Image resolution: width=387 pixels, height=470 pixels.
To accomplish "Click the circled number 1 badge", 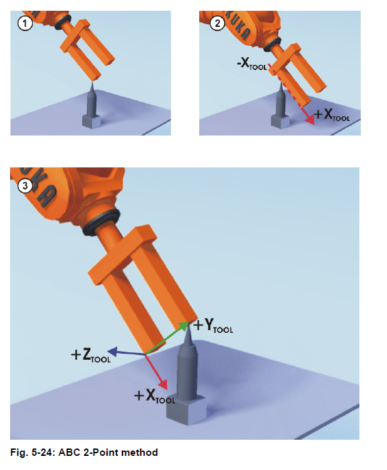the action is pos(25,24).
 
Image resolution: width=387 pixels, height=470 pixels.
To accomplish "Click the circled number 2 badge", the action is pos(217,23).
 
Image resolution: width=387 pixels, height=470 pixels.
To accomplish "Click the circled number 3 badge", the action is pos(25,186).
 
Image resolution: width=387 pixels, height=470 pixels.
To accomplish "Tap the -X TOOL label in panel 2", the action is pos(252,64).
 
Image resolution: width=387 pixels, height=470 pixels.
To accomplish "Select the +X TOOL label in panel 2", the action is pos(332,115).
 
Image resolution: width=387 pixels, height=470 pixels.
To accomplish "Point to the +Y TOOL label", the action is pos(213,325).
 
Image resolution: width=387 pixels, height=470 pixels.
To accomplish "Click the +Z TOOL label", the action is pos(91,355).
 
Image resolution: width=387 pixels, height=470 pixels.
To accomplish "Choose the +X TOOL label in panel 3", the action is pos(155,396).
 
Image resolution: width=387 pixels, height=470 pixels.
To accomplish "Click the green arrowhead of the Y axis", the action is pos(184,325).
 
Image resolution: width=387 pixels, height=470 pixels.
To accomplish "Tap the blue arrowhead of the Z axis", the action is pos(112,351).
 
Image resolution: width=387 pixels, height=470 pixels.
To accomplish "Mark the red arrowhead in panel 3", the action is pos(163,385).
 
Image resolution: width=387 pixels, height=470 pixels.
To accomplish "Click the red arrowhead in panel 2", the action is pos(310,120).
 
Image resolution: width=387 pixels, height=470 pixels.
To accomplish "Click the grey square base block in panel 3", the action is pos(186,409).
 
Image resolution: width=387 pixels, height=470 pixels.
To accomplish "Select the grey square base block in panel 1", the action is pos(92,121).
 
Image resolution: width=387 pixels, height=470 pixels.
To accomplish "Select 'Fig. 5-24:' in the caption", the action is pos(33,453).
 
